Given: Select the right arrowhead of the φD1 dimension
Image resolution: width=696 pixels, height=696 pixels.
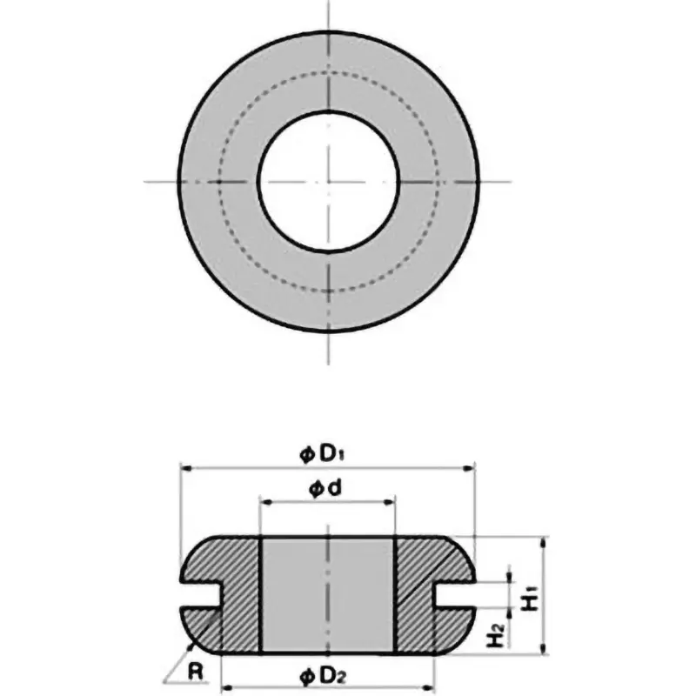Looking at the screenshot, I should (x=472, y=468).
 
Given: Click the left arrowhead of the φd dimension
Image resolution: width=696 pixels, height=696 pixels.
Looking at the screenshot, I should (x=264, y=503).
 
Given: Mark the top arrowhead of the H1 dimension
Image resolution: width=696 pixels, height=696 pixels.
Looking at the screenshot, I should (x=542, y=540).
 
